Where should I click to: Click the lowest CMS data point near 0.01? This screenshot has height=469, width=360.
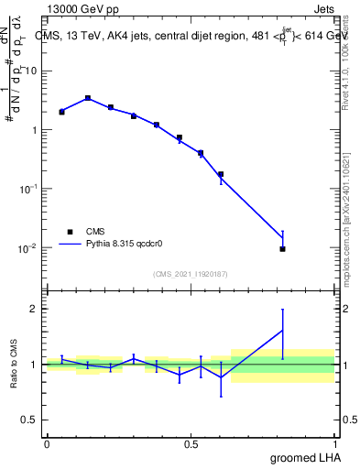pos(283,248)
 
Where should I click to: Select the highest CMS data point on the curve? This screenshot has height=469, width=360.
pos(88,98)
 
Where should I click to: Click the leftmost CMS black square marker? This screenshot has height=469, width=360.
pos(61,112)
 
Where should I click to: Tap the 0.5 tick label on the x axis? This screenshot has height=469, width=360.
pos(191,443)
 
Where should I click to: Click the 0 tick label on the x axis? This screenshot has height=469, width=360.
pos(47,443)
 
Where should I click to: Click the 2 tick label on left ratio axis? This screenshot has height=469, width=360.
pos(34,309)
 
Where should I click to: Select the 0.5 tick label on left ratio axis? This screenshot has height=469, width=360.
pos(31,420)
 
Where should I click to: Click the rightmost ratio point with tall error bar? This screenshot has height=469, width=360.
pos(283,331)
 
